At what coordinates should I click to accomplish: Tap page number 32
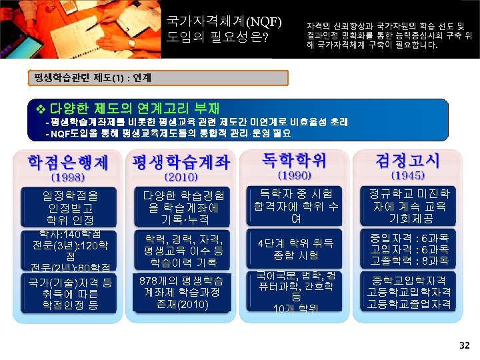(x=465, y=345)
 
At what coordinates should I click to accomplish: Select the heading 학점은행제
(x=68, y=162)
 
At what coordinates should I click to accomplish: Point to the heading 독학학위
(x=293, y=160)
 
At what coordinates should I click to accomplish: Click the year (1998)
(x=68, y=177)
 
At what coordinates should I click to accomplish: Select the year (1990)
(x=293, y=176)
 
